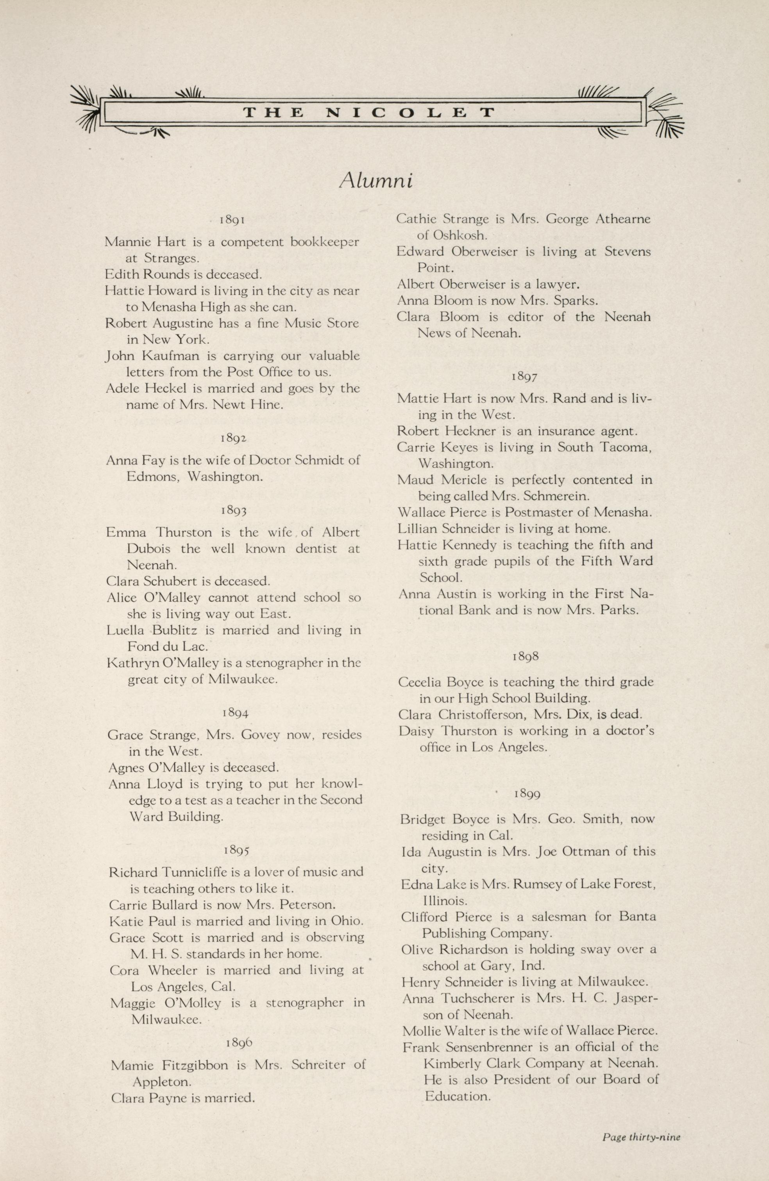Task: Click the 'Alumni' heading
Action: (376, 181)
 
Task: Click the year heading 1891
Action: (233, 219)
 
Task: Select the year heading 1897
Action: (524, 377)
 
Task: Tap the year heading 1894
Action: (236, 713)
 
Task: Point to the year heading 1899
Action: (527, 794)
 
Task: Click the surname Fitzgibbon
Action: (194, 1065)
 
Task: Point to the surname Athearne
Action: (622, 219)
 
